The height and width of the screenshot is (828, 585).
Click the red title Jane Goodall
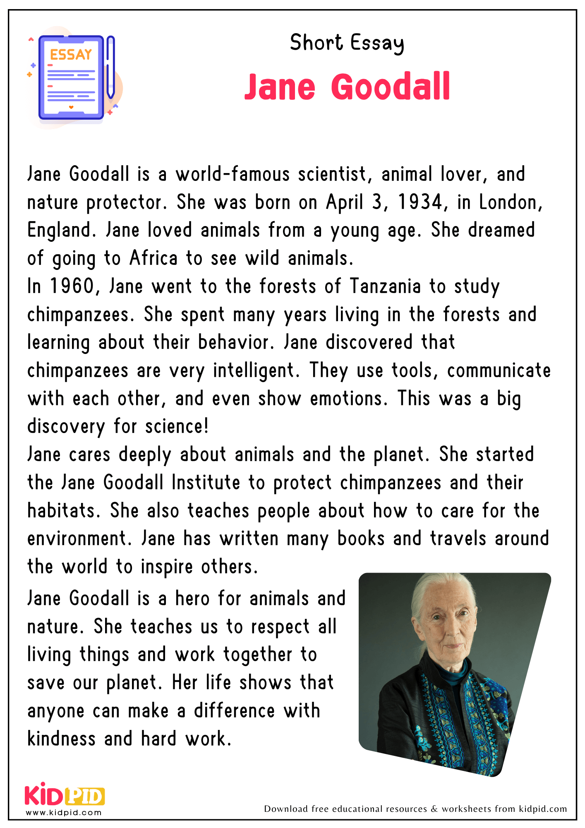[x=347, y=87]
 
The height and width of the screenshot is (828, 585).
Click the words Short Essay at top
[x=347, y=43]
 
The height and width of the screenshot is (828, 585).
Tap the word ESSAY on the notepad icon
[x=71, y=55]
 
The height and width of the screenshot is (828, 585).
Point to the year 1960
[x=72, y=286]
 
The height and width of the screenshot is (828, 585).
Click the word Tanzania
[x=385, y=286]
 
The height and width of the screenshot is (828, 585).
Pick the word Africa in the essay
[x=153, y=258]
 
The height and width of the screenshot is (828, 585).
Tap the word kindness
[x=61, y=739]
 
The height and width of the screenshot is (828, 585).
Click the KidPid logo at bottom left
[x=65, y=796]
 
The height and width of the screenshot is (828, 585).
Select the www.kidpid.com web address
[x=64, y=813]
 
